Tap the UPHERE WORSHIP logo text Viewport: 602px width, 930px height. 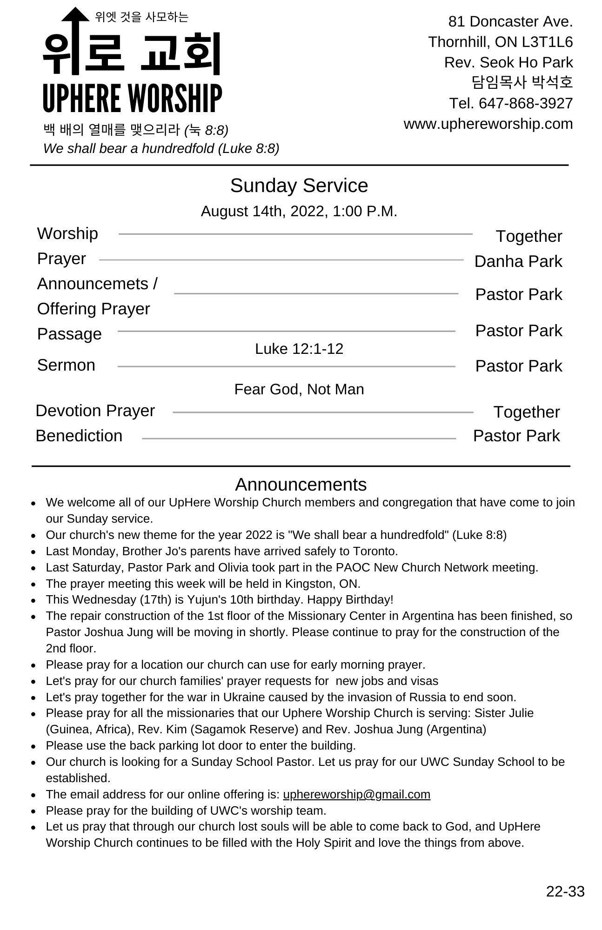coord(132,98)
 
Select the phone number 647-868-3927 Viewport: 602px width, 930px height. coord(525,103)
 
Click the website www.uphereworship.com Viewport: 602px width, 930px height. coord(488,124)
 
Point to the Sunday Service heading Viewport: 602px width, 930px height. coord(299,186)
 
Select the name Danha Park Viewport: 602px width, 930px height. coord(518,261)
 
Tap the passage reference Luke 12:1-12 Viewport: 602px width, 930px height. coord(299,349)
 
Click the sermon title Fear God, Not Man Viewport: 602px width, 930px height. coord(299,389)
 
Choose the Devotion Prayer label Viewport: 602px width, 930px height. coord(95,411)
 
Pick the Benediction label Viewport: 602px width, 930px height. coord(79,436)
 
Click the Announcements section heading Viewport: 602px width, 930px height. coord(301,485)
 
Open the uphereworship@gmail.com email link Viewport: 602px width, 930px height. coord(356,794)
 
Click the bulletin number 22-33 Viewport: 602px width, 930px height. coord(565,891)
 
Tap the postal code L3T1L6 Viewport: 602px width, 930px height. coord(547,42)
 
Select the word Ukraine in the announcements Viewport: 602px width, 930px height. coord(244,697)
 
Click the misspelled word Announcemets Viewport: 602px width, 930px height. coord(93,284)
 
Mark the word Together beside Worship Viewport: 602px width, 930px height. coord(528,236)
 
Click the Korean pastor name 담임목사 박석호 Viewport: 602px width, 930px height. coord(522,82)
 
